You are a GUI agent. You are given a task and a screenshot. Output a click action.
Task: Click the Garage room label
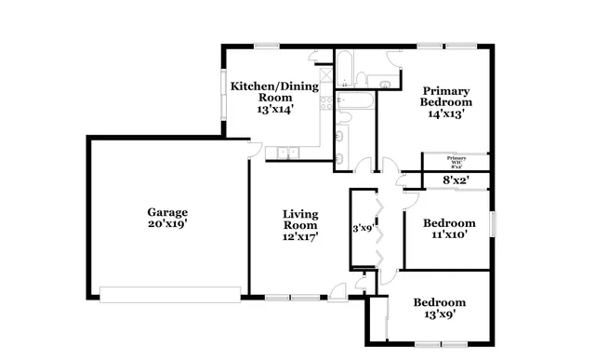167,211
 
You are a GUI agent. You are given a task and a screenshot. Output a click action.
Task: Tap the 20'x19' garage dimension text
167,224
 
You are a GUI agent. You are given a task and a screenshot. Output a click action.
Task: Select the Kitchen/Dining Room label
274,91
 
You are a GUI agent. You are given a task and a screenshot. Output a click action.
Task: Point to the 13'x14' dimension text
274,109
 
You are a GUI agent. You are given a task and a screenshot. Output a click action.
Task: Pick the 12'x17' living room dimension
300,237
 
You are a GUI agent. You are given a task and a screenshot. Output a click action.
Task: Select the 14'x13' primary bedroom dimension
445,114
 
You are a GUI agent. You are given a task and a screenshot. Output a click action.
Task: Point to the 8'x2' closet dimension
455,180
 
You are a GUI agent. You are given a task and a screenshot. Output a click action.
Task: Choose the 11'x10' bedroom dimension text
449,235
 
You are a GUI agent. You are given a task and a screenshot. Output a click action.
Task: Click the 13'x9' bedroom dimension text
440,314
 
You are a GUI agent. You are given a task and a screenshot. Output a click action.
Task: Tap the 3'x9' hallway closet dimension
362,227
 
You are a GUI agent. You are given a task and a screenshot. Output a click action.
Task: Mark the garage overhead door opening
169,294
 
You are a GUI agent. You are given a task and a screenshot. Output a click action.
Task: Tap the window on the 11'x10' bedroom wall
494,225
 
